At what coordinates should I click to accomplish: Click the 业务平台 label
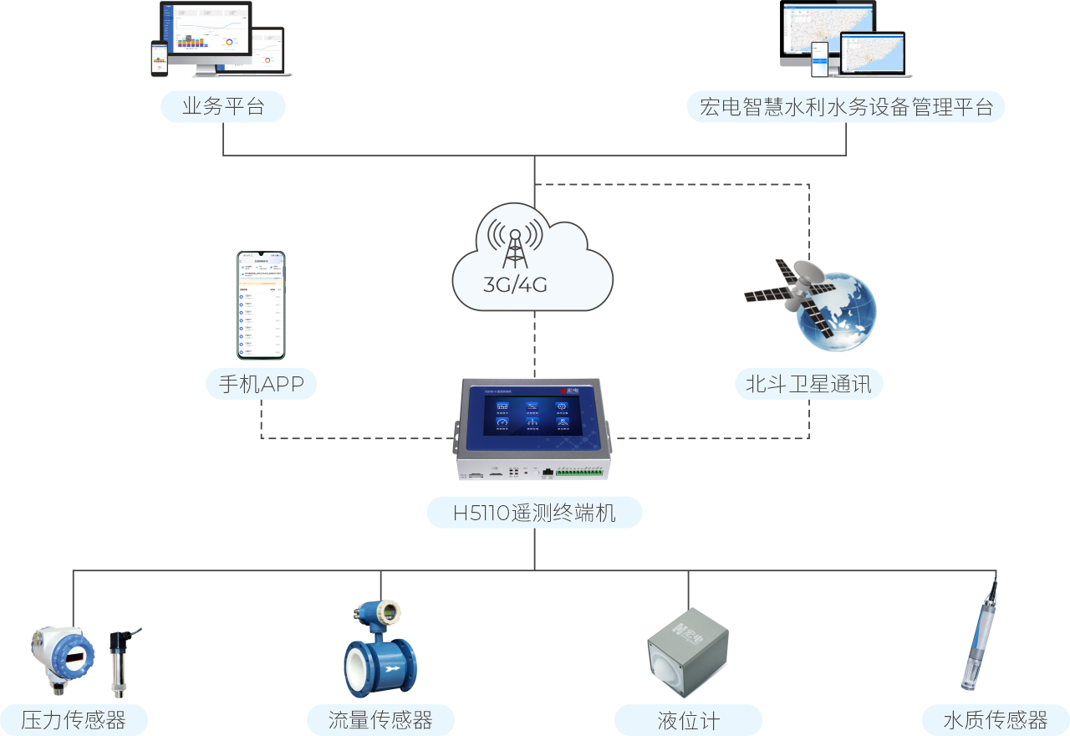(223, 107)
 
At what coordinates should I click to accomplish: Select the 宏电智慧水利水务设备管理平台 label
(846, 107)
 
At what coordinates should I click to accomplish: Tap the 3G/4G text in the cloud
(515, 284)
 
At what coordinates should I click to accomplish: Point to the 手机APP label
(262, 384)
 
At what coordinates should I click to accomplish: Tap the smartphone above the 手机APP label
(261, 304)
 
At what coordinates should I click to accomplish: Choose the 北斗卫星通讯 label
(808, 384)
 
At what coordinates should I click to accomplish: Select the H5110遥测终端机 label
(534, 513)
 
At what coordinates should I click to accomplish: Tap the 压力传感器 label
(74, 720)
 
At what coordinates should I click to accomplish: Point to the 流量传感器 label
(380, 720)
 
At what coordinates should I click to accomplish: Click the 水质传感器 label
(995, 720)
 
